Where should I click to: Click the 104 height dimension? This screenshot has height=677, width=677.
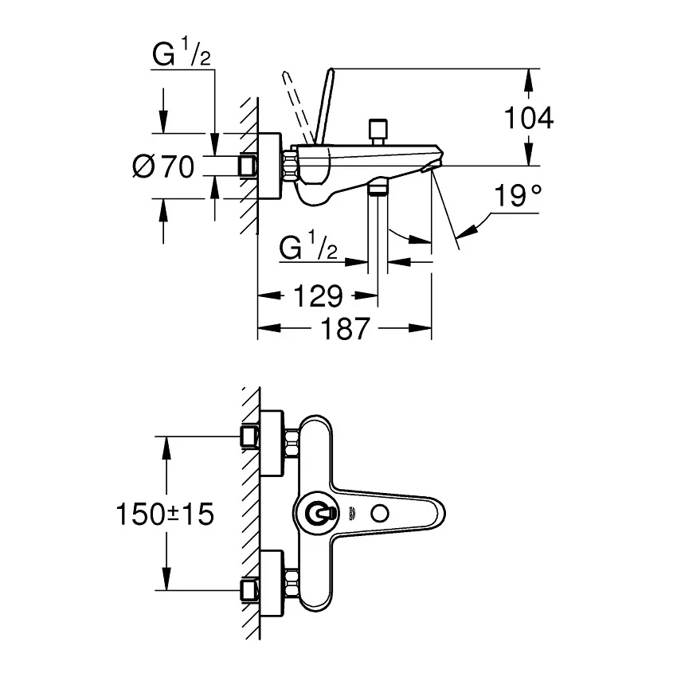point(529,117)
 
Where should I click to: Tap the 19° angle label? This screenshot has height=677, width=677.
point(518,196)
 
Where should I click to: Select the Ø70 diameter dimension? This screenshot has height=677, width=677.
point(163,166)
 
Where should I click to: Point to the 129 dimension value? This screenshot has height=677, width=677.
point(318,295)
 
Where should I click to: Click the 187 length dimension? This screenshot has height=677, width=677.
point(346,329)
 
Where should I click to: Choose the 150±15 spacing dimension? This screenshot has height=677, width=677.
point(165,514)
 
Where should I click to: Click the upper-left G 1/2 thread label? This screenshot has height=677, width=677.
point(182,53)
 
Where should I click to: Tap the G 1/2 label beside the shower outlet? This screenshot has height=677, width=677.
point(308,245)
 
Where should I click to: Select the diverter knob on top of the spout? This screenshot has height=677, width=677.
point(378,131)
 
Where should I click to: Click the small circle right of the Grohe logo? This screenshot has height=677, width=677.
point(379,514)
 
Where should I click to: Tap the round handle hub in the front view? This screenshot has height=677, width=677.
point(320,514)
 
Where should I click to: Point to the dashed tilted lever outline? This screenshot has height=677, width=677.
point(298,107)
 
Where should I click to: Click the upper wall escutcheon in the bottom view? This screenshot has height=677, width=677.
point(272,444)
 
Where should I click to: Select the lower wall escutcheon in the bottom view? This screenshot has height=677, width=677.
point(272,584)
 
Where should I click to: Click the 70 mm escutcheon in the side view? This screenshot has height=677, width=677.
point(269,166)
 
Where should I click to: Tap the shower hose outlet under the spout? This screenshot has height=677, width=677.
point(378,188)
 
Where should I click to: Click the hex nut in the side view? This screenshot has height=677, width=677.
point(290,166)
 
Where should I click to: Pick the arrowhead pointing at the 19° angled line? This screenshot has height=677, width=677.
point(466,231)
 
